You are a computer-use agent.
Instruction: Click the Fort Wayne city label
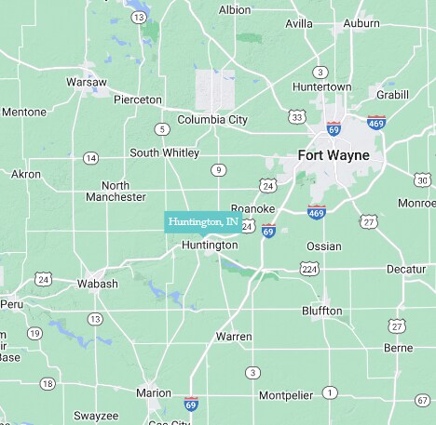333,154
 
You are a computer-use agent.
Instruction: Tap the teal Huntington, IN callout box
203,222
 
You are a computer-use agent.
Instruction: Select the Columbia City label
212,119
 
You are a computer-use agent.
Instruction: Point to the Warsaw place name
87,82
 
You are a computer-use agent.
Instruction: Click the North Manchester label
116,191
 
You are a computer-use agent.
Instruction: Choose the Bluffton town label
322,311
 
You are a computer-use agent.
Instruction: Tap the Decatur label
406,269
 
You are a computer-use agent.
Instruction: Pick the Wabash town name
97,284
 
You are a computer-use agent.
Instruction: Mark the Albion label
235,9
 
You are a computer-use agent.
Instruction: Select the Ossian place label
324,246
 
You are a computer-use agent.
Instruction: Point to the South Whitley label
164,153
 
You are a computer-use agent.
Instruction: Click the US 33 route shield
296,116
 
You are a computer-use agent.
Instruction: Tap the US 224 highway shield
309,269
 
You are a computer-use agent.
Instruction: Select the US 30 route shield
422,179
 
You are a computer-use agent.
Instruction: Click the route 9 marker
217,169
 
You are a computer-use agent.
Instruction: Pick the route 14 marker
90,158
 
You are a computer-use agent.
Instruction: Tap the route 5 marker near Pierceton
163,129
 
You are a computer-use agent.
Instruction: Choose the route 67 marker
422,400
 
